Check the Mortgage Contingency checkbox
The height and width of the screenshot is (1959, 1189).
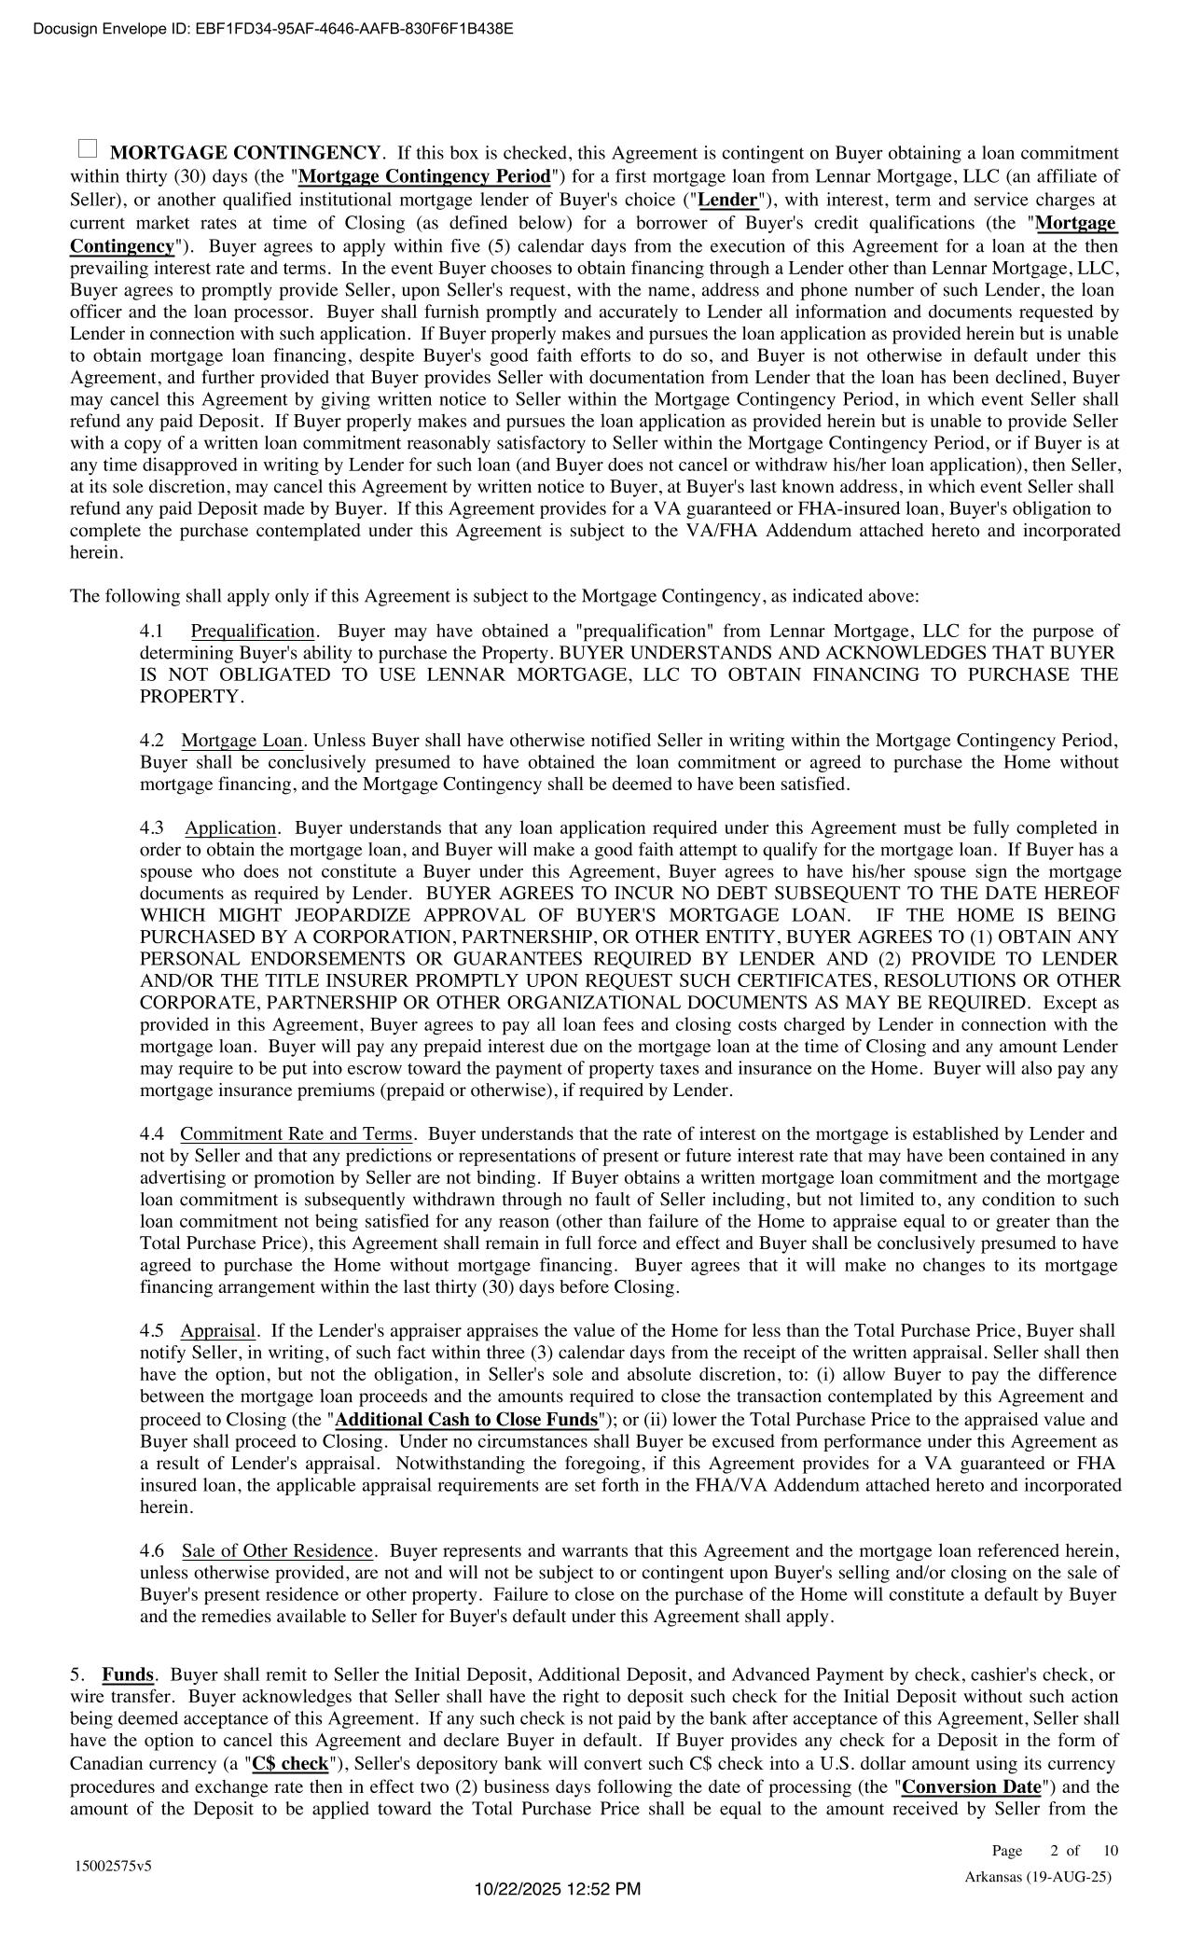[x=87, y=148]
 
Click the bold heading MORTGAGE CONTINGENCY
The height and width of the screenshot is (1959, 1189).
[x=246, y=154]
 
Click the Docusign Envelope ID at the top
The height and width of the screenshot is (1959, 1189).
[x=272, y=28]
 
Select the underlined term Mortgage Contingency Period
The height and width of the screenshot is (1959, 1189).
[x=424, y=176]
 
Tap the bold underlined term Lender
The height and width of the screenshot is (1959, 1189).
[x=727, y=200]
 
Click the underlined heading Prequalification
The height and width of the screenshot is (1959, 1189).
[x=253, y=632]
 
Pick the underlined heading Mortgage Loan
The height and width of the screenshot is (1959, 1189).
[x=242, y=741]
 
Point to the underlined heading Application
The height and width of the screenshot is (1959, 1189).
[x=230, y=828]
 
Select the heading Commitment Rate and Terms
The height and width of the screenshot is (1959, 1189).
[x=296, y=1134]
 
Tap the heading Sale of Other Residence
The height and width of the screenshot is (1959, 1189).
[x=277, y=1551]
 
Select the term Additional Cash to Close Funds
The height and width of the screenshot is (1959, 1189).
[x=466, y=1420]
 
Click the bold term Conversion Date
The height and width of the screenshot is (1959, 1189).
[x=971, y=1787]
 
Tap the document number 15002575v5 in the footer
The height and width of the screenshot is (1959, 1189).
[x=114, y=1867]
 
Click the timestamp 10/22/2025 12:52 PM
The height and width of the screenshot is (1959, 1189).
[x=557, y=1889]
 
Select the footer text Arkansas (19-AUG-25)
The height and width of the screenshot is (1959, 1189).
[x=1037, y=1877]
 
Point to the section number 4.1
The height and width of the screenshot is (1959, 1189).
[x=152, y=632]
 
